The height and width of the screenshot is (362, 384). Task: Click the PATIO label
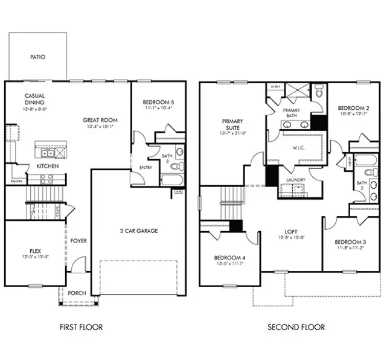pos(37,57)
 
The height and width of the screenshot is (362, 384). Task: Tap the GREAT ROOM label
pos(100,120)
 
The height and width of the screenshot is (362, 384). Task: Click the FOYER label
pos(78,241)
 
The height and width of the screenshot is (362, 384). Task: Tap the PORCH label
pos(77,293)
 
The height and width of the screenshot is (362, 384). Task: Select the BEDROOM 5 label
pos(158,102)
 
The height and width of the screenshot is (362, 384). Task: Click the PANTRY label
pos(16,181)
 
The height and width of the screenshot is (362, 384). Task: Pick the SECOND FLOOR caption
pos(296,328)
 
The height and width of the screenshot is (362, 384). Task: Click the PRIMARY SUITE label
pos(232,124)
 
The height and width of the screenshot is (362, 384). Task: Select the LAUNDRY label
pos(295,180)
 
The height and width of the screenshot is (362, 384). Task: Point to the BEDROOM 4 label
pos(229,258)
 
